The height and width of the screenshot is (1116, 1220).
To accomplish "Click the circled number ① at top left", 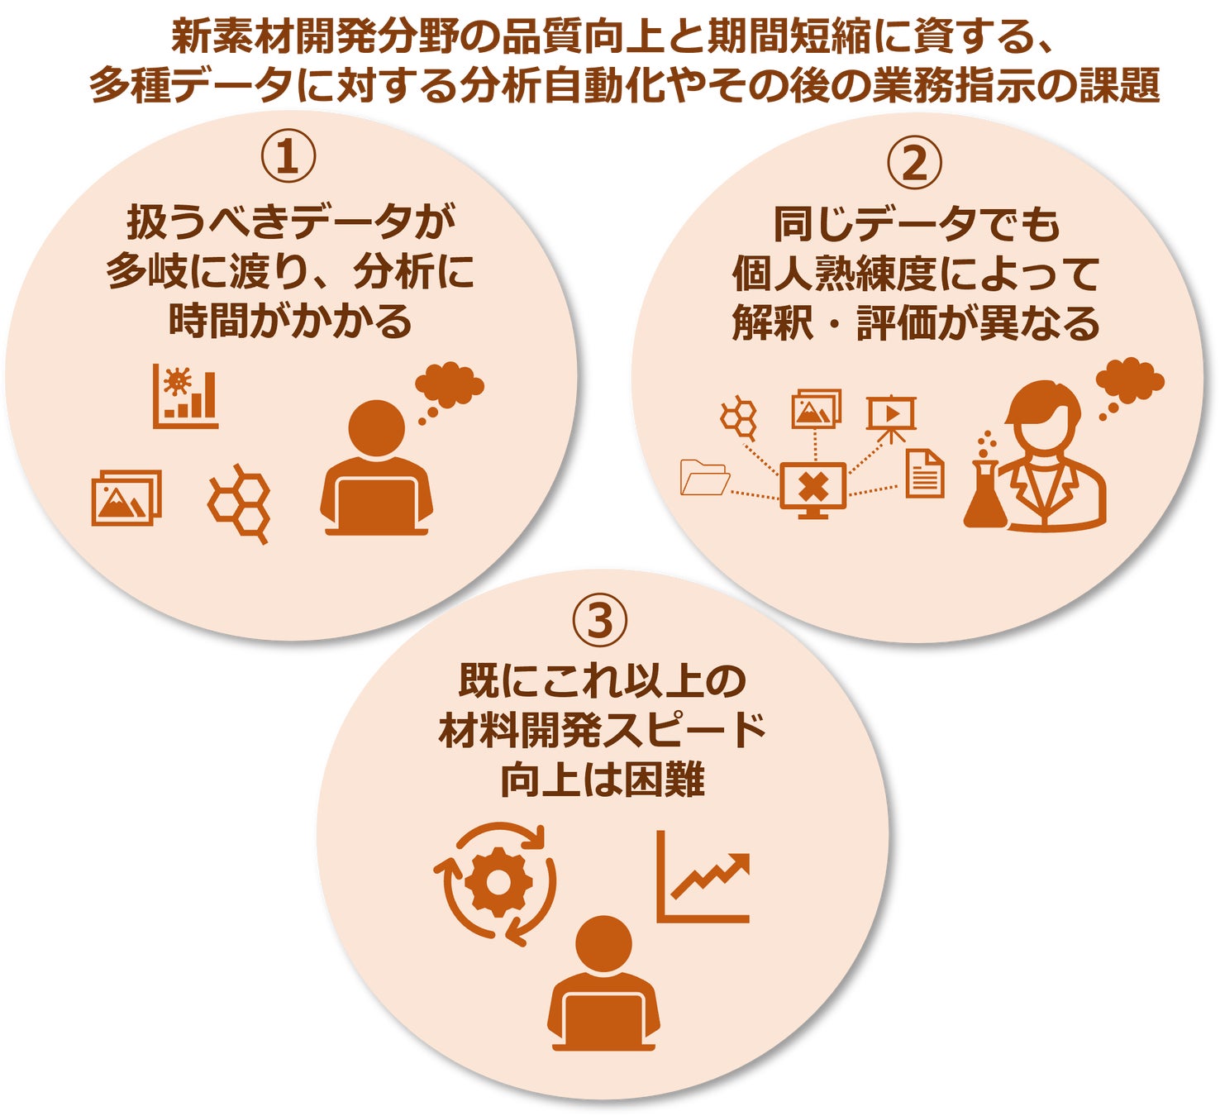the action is click(288, 156).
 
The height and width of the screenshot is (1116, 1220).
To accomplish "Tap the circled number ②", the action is click(914, 163).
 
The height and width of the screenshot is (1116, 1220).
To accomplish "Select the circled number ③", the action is click(601, 620).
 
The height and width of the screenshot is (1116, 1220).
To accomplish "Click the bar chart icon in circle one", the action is click(186, 397).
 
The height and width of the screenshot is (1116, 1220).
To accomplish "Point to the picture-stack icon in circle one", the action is click(126, 498).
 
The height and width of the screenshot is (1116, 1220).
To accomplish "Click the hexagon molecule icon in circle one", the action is click(240, 502).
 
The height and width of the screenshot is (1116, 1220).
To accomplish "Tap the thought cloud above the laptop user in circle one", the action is click(450, 384).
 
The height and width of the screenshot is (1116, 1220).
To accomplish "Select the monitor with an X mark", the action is click(813, 489).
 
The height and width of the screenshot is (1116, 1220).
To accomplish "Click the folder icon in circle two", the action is click(704, 477).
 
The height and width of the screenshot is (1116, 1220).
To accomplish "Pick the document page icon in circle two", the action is click(924, 474).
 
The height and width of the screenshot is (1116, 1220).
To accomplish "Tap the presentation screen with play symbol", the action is click(890, 416).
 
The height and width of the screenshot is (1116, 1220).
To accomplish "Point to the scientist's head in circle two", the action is click(1045, 417).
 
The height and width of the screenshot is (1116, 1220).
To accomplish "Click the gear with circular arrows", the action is click(497, 882).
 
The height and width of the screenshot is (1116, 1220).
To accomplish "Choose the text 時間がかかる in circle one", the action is click(289, 321).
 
